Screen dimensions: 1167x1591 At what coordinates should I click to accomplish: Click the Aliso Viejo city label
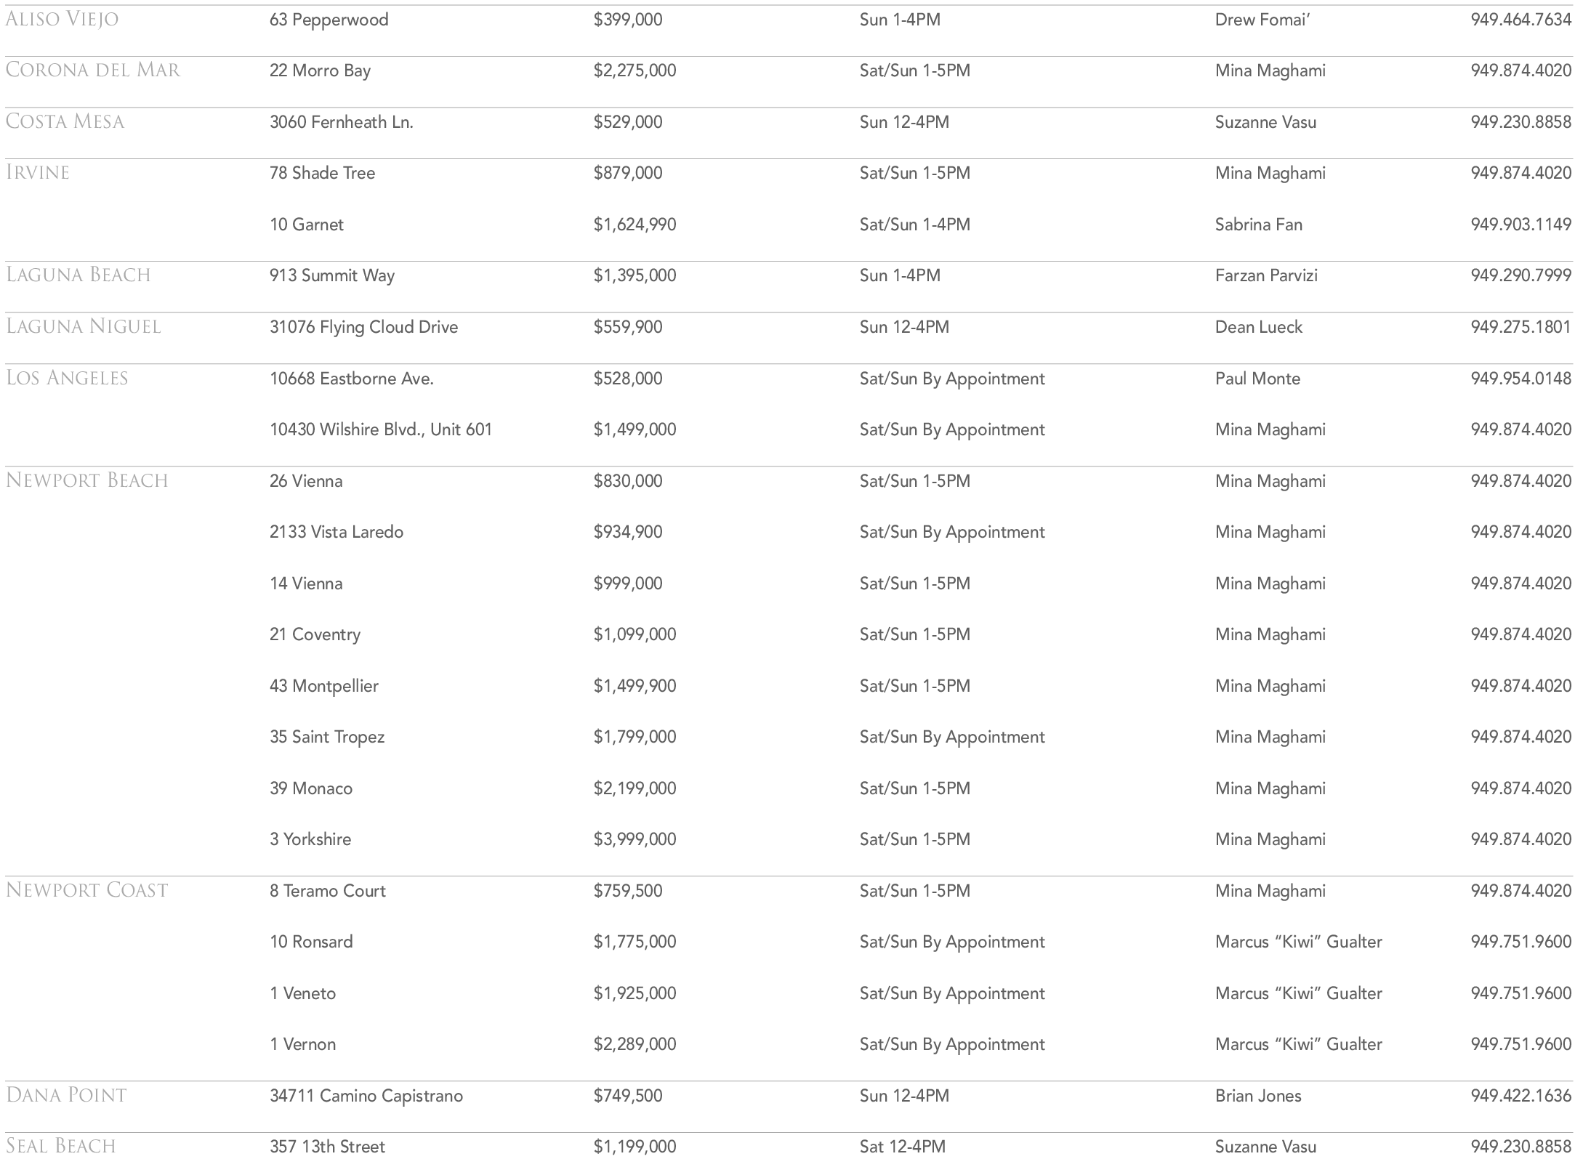pos(62,19)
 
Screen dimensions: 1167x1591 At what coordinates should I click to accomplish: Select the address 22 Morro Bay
pos(320,70)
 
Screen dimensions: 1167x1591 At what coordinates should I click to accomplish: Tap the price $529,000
pos(627,121)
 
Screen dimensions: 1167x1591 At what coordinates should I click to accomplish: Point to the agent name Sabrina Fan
pos(1258,225)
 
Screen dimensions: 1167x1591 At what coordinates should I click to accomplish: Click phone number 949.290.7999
pos(1520,275)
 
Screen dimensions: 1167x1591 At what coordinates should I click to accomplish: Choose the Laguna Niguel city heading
pos(83,326)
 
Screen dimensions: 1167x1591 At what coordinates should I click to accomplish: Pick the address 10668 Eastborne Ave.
pos(351,379)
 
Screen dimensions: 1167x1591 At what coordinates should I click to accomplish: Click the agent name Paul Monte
pos(1257,379)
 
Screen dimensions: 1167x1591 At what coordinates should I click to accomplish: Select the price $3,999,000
pos(635,839)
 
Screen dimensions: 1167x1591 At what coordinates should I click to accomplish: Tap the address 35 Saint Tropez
pos(326,737)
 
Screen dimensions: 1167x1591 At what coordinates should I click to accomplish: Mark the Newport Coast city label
pos(86,890)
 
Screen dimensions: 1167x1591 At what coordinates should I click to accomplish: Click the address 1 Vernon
pos(302,1044)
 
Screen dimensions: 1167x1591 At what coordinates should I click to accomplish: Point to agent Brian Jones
pos(1258,1096)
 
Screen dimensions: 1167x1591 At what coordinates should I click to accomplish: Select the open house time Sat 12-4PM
pos(902,1147)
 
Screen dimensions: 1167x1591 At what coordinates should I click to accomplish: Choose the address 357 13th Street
pos(327,1147)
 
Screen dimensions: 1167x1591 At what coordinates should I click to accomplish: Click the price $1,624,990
pos(635,225)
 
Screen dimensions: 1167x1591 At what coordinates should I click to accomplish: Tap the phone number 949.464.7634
pos(1520,20)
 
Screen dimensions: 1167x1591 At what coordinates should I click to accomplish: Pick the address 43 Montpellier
pos(323,686)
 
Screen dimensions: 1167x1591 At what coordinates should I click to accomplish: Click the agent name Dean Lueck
pos(1258,327)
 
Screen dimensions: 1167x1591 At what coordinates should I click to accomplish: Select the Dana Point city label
pos(66,1095)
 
